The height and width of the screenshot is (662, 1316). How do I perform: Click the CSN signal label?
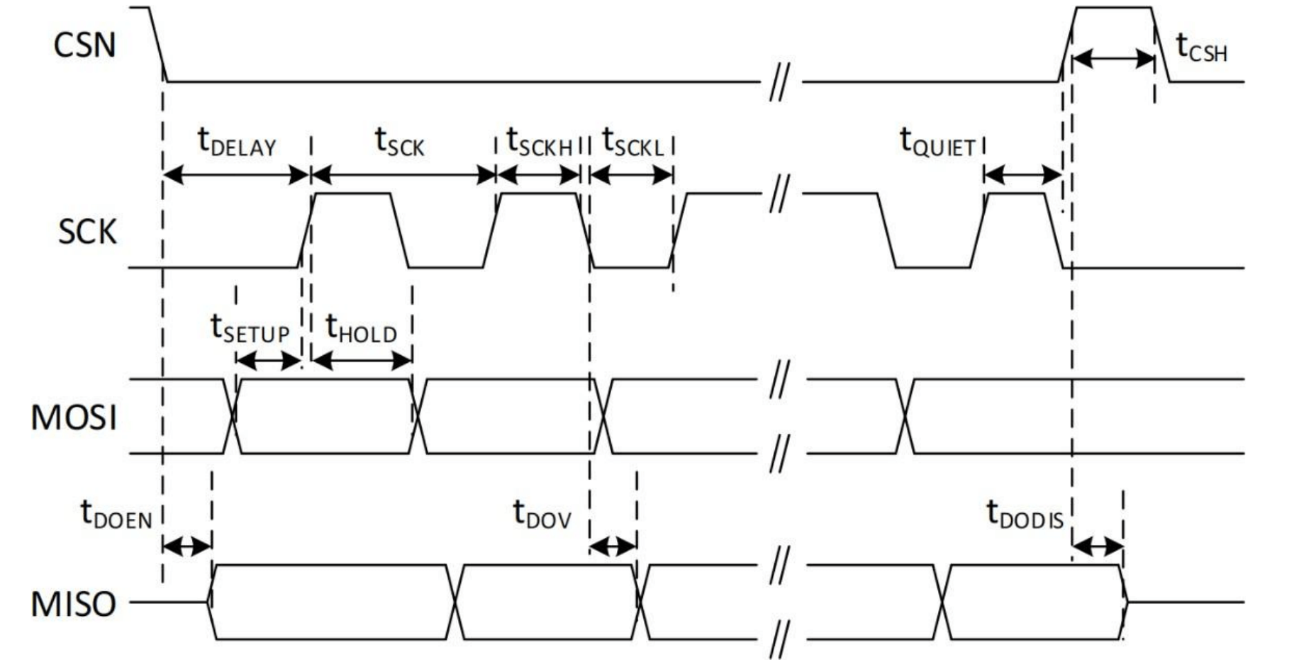tap(84, 45)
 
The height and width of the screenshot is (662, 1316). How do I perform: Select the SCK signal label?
tap(87, 232)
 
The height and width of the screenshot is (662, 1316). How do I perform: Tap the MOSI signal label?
tap(74, 417)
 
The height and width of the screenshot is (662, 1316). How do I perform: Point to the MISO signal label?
tap(74, 604)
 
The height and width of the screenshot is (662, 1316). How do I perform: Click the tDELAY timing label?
tap(236, 142)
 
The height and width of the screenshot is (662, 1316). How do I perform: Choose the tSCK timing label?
tap(399, 142)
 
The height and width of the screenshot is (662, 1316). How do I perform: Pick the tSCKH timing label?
tap(539, 142)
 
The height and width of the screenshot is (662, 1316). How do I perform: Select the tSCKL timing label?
tap(632, 142)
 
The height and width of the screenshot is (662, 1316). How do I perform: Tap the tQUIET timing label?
tap(937, 142)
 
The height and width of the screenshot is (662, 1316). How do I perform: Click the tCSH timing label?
tap(1201, 49)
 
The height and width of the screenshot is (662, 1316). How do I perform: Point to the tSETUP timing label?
tap(250, 329)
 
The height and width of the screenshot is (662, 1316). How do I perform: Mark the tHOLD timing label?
tap(361, 329)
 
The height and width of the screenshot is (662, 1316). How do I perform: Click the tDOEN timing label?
tap(116, 515)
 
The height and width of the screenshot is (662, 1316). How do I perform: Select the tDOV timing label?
tap(542, 515)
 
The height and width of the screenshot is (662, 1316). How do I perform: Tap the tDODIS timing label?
tap(1025, 515)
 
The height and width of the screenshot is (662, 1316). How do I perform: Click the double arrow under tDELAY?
tap(236, 174)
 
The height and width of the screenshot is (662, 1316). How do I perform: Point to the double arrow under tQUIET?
tap(1022, 174)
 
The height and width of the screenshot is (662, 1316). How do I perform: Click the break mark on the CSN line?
tap(779, 82)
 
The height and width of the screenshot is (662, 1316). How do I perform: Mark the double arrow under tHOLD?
tap(362, 361)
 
